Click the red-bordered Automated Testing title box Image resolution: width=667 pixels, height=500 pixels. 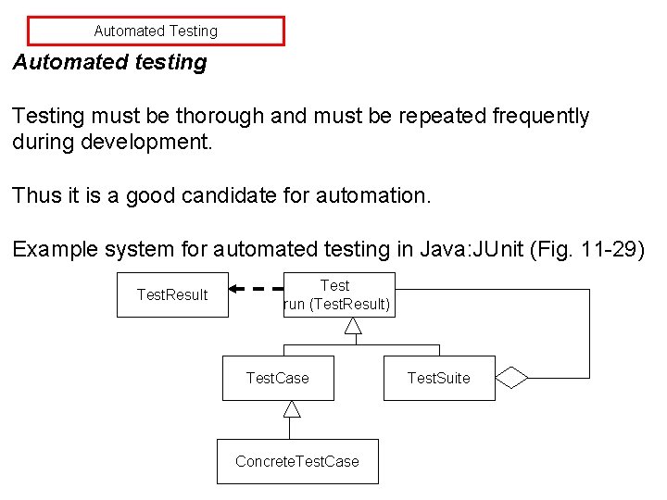click(x=156, y=31)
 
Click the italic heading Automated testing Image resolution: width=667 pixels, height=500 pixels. click(x=109, y=63)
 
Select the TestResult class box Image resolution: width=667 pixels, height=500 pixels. click(x=172, y=294)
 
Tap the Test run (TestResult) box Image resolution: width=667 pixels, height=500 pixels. click(x=338, y=294)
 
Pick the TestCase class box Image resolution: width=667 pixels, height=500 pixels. click(x=278, y=378)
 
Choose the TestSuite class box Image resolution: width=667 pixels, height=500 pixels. click(x=439, y=378)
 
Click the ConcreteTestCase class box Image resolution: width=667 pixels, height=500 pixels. click(x=297, y=461)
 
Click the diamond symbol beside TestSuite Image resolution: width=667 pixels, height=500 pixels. click(x=511, y=378)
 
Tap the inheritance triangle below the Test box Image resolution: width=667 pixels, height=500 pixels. click(x=353, y=325)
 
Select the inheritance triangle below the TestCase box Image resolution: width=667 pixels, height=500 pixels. click(x=292, y=408)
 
